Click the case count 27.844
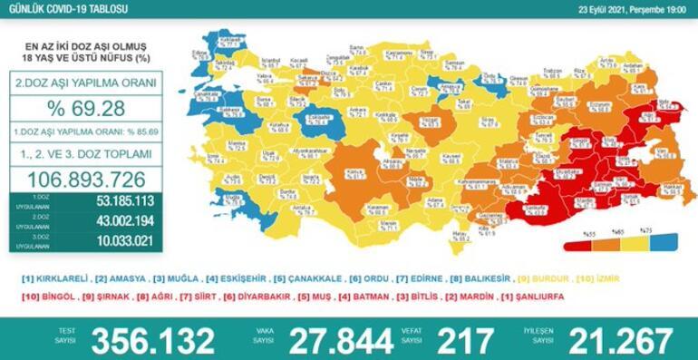[x=340, y=339]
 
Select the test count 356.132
[x=154, y=339]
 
